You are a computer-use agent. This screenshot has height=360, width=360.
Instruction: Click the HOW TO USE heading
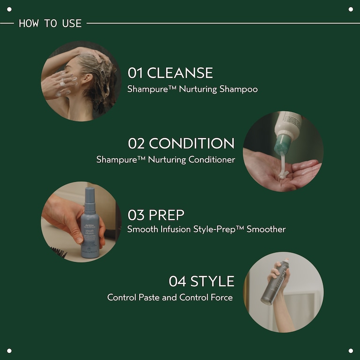click(50, 23)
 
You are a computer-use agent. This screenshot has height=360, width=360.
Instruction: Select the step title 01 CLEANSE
click(170, 73)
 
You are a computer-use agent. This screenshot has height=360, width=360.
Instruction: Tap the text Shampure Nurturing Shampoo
click(192, 89)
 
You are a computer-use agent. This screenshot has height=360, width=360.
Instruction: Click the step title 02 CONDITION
click(181, 143)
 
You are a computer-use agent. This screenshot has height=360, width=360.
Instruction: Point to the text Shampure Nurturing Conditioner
click(165, 159)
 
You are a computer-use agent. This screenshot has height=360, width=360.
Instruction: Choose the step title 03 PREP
click(156, 215)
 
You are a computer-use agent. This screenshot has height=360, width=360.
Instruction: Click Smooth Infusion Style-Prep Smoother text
click(206, 229)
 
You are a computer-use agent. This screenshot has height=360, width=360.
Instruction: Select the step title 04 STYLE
click(202, 281)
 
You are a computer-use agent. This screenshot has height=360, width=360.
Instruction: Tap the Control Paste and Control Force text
click(170, 297)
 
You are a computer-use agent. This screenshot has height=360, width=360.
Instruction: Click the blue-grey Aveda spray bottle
click(90, 230)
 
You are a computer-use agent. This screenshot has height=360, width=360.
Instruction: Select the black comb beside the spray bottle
click(59, 252)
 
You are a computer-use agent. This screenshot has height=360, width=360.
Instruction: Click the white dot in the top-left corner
click(9, 9)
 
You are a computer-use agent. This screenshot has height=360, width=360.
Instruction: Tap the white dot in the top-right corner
click(351, 9)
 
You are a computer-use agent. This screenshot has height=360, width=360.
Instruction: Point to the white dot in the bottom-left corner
click(9, 351)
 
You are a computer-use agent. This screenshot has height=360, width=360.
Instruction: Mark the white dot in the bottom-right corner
click(351, 351)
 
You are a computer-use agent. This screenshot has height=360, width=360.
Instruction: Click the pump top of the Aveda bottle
click(90, 194)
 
